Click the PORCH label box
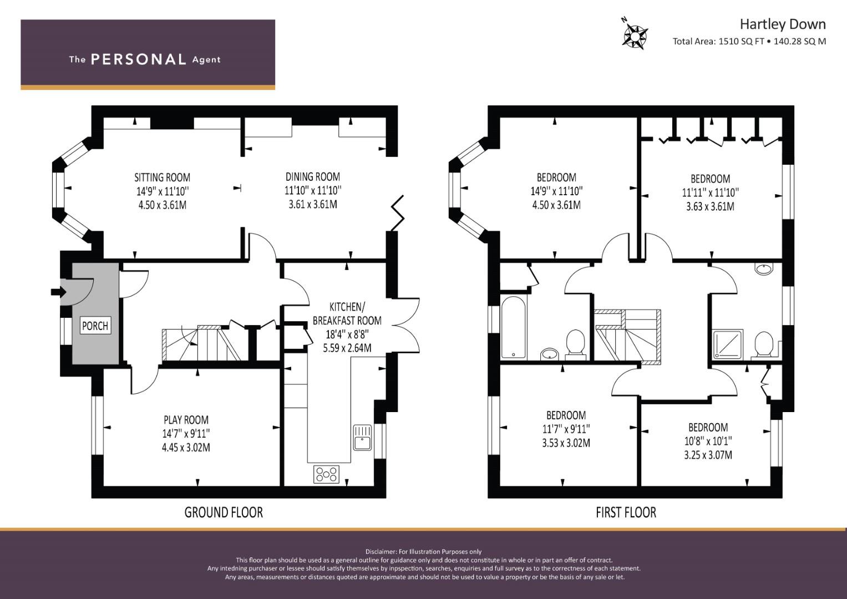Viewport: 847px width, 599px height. [x=95, y=326]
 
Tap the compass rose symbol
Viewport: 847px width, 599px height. [x=634, y=35]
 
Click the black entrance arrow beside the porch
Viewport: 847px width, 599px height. [x=59, y=292]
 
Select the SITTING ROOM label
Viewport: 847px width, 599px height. [x=162, y=177]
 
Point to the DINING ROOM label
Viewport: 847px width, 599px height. [x=313, y=176]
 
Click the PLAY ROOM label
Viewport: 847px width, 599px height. [x=186, y=420]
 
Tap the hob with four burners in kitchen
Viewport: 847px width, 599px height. [x=326, y=474]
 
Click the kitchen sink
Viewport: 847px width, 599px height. [x=362, y=438]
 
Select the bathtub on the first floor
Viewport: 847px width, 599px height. [x=514, y=327]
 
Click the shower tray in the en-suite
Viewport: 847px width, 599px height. [x=728, y=344]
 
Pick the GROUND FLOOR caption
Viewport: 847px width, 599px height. [x=224, y=512]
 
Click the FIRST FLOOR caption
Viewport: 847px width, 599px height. [x=626, y=512]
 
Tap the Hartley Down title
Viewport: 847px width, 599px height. [x=782, y=24]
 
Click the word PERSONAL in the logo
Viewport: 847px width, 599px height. [x=139, y=59]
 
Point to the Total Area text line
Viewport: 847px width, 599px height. [x=749, y=41]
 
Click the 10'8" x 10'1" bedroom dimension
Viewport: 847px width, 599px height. [x=708, y=441]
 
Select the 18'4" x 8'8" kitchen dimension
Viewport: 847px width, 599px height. [x=347, y=334]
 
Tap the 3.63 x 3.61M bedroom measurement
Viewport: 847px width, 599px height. [x=710, y=206]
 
